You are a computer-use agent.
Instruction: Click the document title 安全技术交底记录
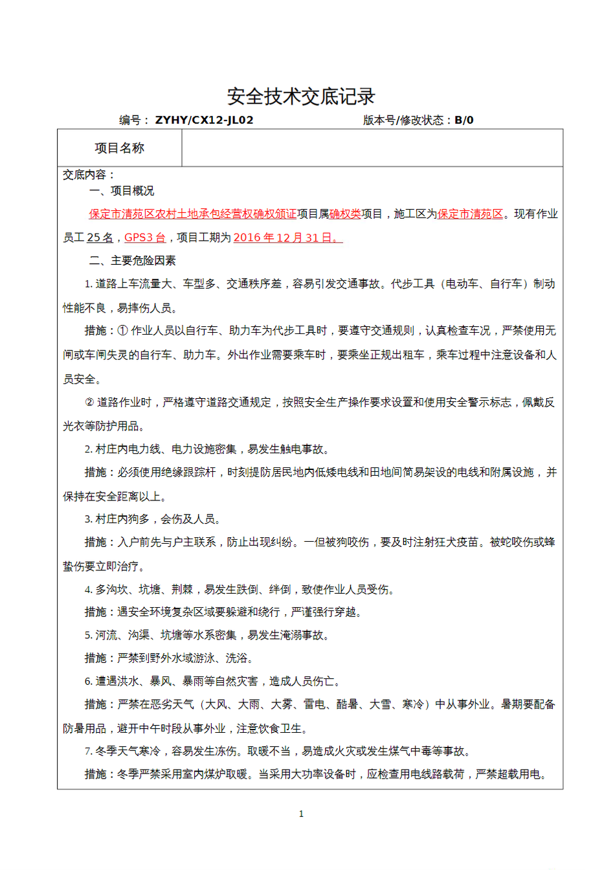(301, 96)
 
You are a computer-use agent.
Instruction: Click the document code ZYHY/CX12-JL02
(204, 120)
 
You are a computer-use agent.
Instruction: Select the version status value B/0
(464, 120)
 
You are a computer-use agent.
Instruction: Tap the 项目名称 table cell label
(120, 148)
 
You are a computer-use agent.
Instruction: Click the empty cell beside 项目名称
(372, 148)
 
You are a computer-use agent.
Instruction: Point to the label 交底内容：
(89, 175)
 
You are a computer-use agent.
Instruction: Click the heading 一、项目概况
(122, 191)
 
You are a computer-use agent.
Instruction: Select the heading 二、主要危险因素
(133, 261)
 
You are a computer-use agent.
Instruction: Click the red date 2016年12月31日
(287, 238)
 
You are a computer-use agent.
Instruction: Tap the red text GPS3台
(144, 238)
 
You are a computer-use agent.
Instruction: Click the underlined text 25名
(100, 238)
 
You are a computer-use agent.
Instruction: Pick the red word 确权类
(345, 214)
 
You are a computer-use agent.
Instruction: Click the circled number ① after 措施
(123, 331)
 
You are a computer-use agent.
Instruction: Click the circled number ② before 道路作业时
(89, 403)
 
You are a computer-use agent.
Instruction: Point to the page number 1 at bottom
(301, 814)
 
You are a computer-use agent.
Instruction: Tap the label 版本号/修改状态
(403, 120)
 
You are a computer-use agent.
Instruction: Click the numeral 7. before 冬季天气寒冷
(88, 752)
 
